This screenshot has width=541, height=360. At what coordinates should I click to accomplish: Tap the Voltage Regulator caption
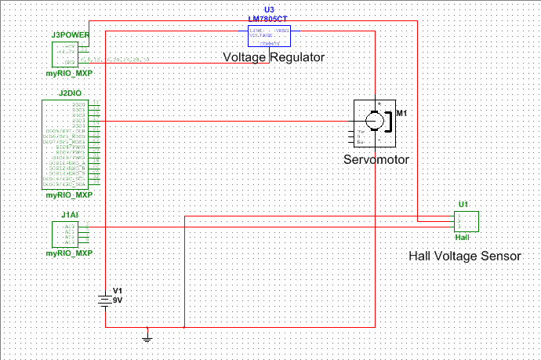coord(274,57)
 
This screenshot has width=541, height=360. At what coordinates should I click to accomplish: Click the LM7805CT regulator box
coord(270,35)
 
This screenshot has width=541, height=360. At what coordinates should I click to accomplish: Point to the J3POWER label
coord(70,35)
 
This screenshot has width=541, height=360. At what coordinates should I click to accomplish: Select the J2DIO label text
coord(70,93)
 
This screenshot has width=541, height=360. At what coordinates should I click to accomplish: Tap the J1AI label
coord(70,214)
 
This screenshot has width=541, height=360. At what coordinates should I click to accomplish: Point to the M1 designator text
coord(401,114)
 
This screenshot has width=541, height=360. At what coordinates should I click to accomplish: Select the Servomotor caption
coord(376,159)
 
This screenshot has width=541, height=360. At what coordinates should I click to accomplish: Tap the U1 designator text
coord(463,205)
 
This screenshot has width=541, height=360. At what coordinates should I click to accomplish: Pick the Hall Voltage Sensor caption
coord(464,256)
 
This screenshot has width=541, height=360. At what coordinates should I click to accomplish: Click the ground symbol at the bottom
coord(147,336)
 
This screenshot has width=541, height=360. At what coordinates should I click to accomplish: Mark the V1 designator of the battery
coord(118,291)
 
